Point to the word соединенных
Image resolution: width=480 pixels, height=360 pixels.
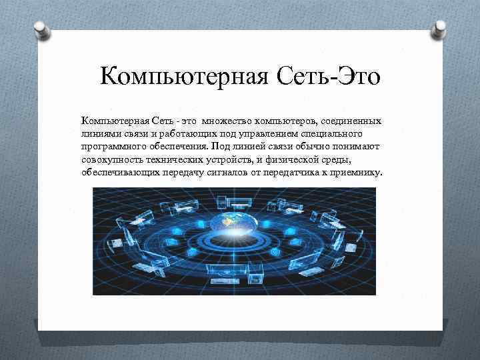[351, 121]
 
